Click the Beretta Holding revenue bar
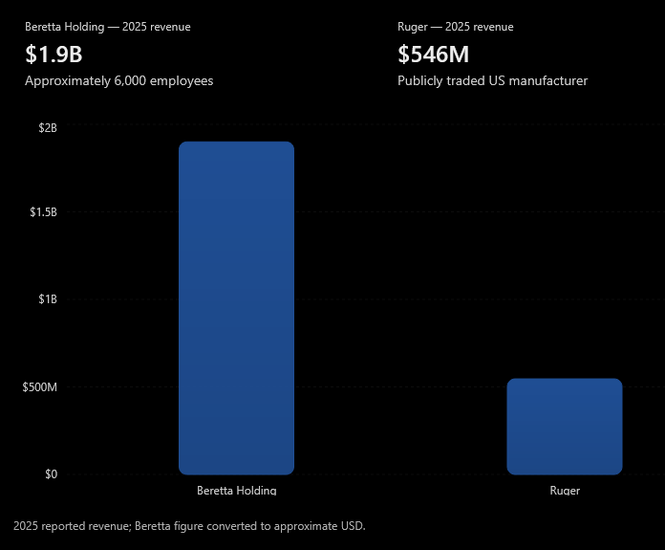(236, 308)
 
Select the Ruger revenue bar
(565, 427)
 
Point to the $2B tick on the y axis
(48, 128)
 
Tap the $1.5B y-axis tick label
(43, 212)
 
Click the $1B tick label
(48, 299)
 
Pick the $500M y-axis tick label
(40, 386)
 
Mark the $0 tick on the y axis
(51, 474)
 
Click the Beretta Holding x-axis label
(237, 490)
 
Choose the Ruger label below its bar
(565, 491)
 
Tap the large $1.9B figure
(54, 55)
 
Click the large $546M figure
(433, 55)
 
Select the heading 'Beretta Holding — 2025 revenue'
(108, 27)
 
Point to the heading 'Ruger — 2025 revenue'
(456, 27)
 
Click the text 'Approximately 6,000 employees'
(119, 80)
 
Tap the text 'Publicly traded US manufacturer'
(492, 80)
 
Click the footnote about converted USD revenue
(189, 526)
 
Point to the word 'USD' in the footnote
(352, 526)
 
